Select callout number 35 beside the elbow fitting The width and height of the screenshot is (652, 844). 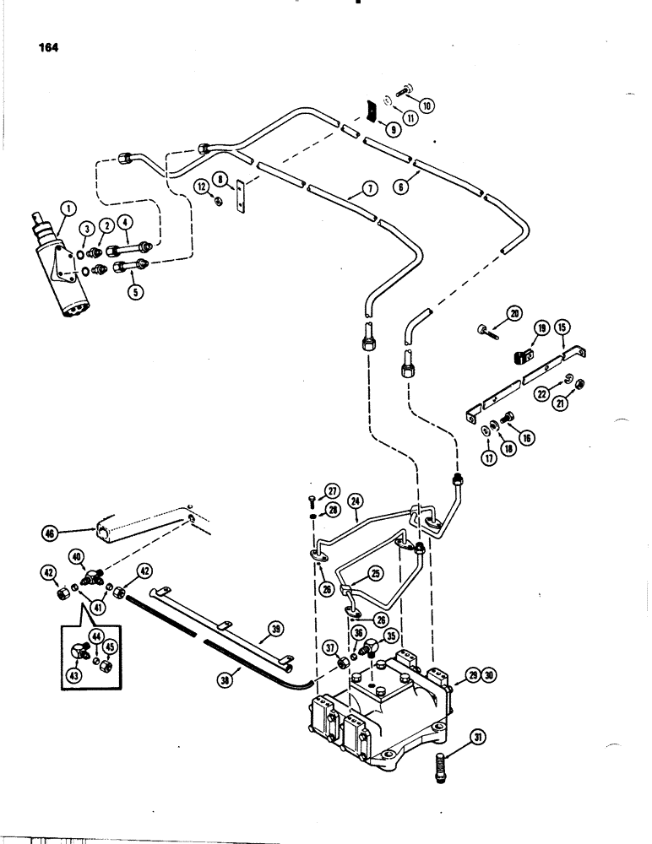[x=390, y=636]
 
